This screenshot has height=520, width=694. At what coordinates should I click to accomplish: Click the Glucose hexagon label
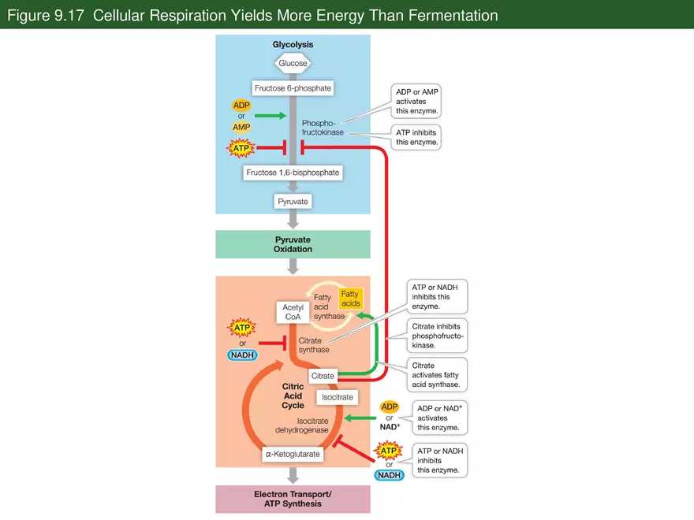coord(293,63)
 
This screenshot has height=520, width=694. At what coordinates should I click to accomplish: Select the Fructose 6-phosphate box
coord(293,88)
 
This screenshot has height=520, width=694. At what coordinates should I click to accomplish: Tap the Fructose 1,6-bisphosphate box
coord(293,173)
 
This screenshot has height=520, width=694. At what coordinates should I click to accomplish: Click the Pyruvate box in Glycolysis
coord(293,202)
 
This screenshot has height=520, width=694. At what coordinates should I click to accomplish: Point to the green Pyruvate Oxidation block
coord(293,243)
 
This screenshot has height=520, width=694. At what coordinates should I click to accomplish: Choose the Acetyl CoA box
coord(293,312)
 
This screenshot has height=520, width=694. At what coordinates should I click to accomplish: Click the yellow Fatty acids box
coord(350,299)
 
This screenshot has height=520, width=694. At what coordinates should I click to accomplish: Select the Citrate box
coord(323,376)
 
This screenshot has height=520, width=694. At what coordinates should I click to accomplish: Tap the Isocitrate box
coord(338,397)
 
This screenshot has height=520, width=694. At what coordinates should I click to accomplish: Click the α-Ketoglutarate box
coord(293,455)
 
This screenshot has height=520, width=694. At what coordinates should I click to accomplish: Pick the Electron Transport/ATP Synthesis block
coord(293,499)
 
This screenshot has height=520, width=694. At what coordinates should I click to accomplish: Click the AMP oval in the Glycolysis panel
coord(241,127)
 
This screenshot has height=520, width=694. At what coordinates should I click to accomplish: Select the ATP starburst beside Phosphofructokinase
coord(241,147)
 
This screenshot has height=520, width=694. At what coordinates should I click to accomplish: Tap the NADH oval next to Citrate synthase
coord(241,355)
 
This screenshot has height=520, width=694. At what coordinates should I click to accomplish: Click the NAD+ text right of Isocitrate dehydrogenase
coord(389,427)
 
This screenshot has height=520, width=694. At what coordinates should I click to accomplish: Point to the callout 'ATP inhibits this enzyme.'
coord(415,138)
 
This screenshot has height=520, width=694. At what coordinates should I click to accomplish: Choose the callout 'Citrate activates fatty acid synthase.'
coord(435,375)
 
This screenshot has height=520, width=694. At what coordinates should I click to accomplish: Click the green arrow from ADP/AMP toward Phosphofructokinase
coord(270,116)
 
